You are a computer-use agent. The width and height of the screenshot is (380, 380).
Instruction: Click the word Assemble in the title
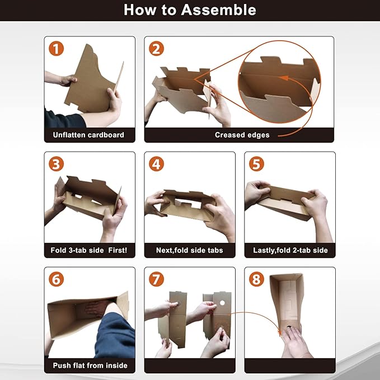pyautogui.click(x=218, y=10)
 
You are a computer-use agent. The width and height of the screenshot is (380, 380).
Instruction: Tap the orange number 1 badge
pyautogui.click(x=56, y=49)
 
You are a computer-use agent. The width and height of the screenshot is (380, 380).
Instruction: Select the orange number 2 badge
pyautogui.click(x=156, y=49)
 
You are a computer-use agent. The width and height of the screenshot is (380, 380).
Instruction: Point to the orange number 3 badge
pyautogui.click(x=56, y=164)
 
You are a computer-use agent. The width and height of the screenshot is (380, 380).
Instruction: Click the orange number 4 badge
pyautogui.click(x=156, y=164)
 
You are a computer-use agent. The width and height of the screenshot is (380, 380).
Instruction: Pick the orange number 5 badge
pyautogui.click(x=256, y=164)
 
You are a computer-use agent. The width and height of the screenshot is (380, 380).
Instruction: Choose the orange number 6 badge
pyautogui.click(x=56, y=279)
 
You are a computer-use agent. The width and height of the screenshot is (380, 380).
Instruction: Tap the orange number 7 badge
pyautogui.click(x=156, y=279)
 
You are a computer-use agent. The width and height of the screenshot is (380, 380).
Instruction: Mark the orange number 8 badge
pyautogui.click(x=256, y=279)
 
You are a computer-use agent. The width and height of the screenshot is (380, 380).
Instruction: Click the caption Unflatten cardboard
pyautogui.click(x=88, y=135)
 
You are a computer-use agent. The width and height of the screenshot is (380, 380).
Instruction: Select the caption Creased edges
pyautogui.click(x=242, y=135)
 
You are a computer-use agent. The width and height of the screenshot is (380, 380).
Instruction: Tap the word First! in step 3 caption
pyautogui.click(x=118, y=250)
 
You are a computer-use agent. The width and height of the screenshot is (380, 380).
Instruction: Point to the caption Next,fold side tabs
pyautogui.click(x=190, y=250)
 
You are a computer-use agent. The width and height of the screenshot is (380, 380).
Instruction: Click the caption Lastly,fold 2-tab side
pyautogui.click(x=290, y=250)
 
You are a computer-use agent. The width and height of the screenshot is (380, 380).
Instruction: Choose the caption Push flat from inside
pyautogui.click(x=90, y=365)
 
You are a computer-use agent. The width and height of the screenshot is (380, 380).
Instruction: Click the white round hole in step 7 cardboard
pyautogui.click(x=222, y=303)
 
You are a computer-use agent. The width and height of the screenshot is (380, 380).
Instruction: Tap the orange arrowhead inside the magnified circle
pyautogui.click(x=284, y=78)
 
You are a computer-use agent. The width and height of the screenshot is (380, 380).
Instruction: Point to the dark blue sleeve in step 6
pyautogui.click(x=116, y=336)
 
